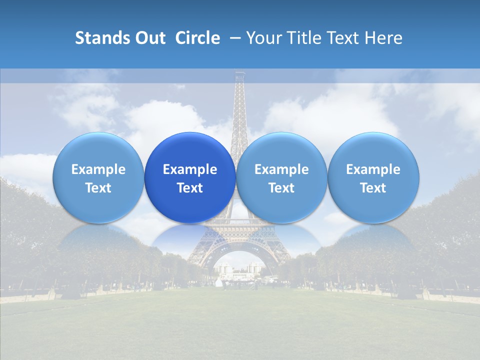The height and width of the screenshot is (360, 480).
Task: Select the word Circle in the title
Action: pos(197,38)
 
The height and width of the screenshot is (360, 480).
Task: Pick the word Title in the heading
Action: pos(303,38)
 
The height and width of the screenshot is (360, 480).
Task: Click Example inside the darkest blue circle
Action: pos(190,169)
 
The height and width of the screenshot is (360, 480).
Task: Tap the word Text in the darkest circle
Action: pos(190,188)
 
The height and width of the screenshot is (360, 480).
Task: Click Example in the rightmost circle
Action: pos(373,169)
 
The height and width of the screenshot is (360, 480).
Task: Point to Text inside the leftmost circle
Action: pos(98,188)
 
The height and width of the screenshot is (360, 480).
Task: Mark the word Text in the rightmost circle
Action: pos(373,188)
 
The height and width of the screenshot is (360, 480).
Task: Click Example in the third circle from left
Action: pos(281,169)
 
